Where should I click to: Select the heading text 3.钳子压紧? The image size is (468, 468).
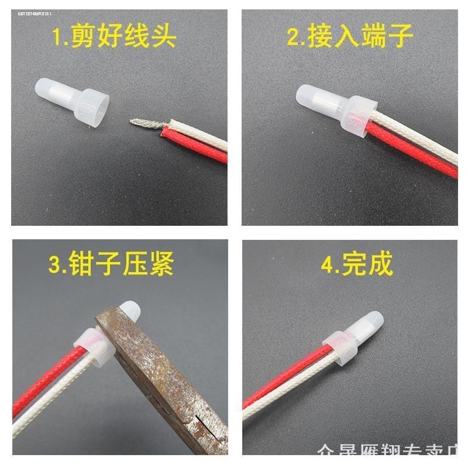click(111, 264)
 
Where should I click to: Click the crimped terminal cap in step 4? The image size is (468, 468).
click(351, 339)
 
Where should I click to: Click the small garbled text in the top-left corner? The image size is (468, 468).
click(39, 13)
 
